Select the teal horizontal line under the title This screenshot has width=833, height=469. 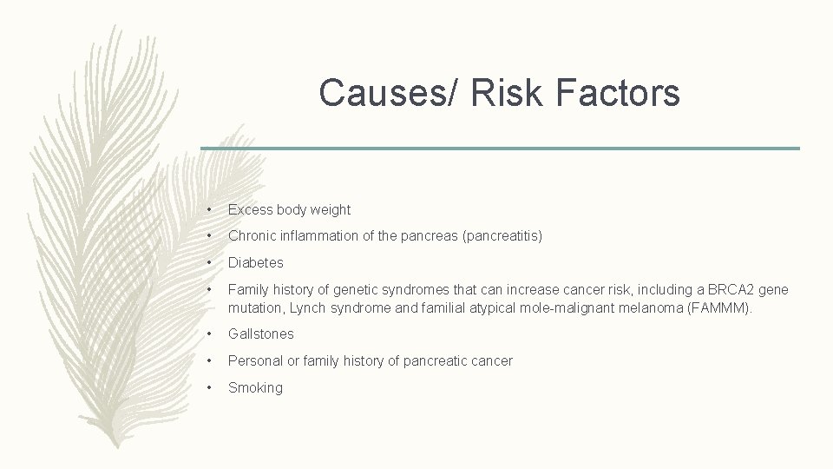(500, 149)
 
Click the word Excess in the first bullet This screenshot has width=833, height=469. (249, 209)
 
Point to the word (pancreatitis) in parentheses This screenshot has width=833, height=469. (502, 235)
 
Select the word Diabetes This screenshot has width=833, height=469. (255, 262)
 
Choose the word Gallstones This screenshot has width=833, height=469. (260, 334)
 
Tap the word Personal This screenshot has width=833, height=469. (254, 360)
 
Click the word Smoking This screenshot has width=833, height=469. (255, 387)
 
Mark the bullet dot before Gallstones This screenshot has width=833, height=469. (209, 334)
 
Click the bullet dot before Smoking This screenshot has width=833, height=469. (209, 388)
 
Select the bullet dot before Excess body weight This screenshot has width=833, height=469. (209, 210)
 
